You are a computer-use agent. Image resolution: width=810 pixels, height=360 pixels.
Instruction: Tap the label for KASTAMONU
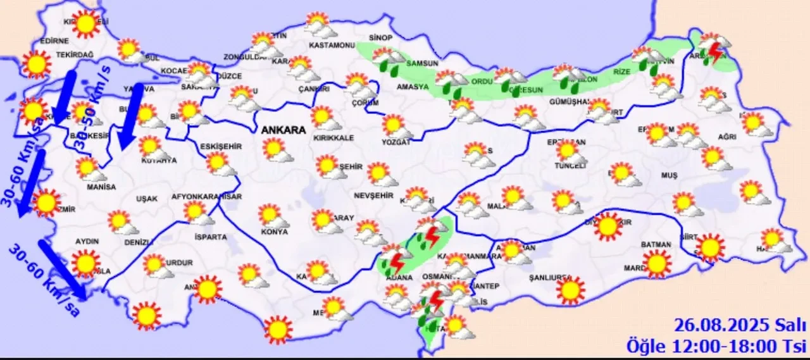pos(331,46)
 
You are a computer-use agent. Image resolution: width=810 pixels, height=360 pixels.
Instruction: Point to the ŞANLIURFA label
pos(551,278)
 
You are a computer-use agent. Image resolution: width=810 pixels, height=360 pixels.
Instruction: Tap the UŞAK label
pos(146,199)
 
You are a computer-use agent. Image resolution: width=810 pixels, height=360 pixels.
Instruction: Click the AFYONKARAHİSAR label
pos(207,197)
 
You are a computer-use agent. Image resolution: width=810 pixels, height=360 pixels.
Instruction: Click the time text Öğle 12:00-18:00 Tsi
pos(717,346)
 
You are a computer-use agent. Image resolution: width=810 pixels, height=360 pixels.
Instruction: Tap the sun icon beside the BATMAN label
pos(657,263)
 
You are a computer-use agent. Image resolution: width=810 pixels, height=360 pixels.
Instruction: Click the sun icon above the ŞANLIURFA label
pos(570,290)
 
